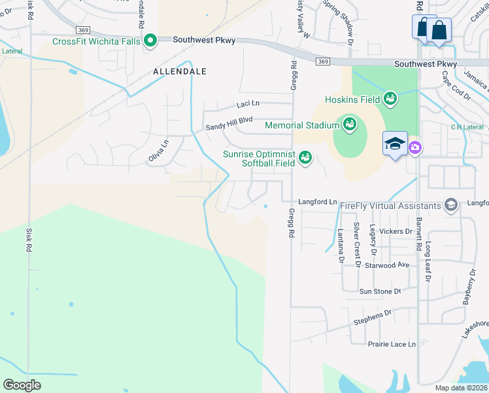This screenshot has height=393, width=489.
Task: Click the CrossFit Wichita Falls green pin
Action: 150,42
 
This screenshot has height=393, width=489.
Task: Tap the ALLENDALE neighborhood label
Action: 180,71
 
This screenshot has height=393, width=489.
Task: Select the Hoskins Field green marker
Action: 390,99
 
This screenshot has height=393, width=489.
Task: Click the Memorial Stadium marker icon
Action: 349,124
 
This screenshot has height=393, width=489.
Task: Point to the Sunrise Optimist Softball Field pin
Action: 305,157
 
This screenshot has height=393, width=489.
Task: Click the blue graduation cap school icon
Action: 395,144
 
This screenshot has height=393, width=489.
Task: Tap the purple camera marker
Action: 414,148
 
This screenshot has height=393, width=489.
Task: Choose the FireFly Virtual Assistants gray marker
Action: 450,206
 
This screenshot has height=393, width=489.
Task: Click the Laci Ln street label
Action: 247,104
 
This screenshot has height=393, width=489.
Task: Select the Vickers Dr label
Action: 396,231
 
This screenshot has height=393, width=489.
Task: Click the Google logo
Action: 22,384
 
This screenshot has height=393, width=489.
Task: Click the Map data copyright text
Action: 460,388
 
